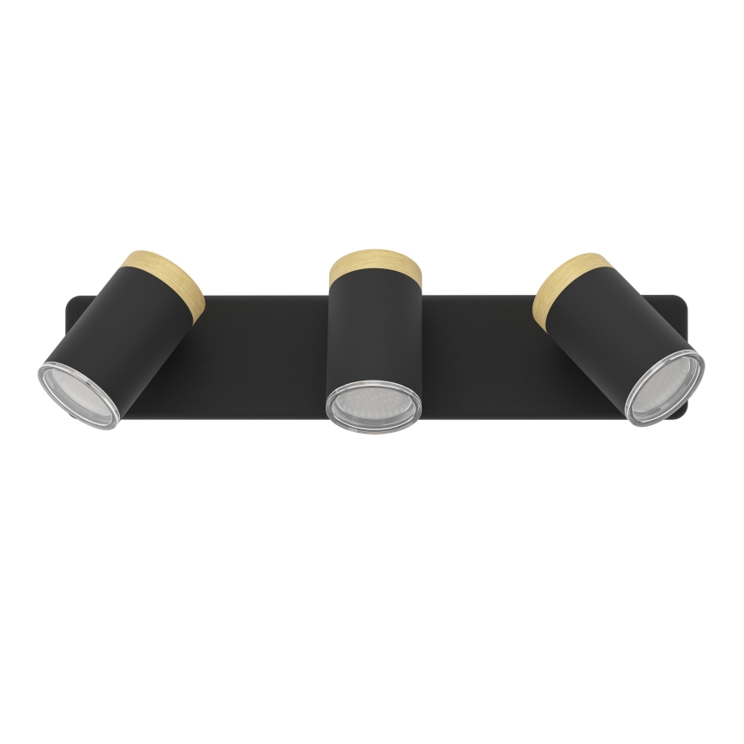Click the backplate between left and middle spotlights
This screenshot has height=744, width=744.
point(257,360)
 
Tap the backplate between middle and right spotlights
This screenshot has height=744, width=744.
point(480,360)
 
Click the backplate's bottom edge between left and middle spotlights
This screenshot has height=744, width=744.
point(240,422)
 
